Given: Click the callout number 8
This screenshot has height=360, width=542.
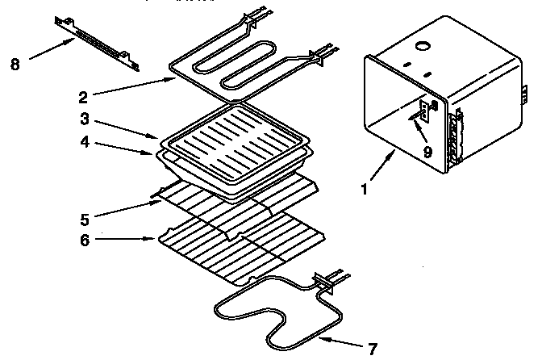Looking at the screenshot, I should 14,65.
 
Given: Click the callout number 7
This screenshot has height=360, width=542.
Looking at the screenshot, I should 372,350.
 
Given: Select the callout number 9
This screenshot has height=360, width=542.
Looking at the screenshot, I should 427,151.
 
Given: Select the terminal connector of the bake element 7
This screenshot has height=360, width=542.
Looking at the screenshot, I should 331,280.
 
